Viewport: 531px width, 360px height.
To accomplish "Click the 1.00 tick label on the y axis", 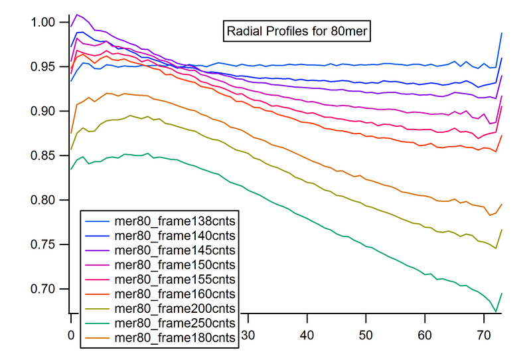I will pos(45,22).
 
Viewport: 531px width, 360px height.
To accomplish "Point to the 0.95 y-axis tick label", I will pos(45,66).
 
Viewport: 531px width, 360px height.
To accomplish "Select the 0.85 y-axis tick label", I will pos(45,155).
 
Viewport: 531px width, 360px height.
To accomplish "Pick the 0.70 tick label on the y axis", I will pos(45,289).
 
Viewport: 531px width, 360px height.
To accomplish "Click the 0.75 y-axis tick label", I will pos(45,244).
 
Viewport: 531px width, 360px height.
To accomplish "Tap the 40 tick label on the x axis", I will pos(307,336).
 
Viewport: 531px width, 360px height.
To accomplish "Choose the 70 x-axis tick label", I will pos(484,336).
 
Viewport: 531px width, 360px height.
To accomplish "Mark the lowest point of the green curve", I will pos(495,311).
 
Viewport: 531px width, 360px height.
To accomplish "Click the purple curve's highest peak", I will pos(77,14).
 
